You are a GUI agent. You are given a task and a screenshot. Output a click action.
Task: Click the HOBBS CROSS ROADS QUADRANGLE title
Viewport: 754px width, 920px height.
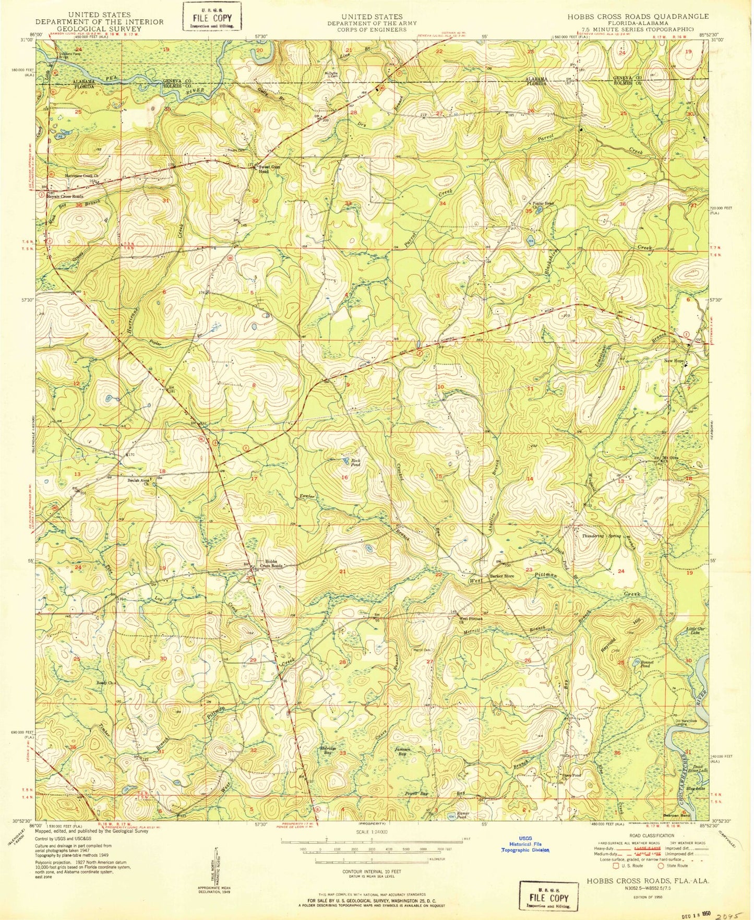coord(638,17)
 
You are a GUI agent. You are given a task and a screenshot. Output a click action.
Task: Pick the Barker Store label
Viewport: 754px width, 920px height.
coord(501,576)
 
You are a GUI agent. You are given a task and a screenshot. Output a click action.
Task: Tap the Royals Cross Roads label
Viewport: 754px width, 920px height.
coord(65,197)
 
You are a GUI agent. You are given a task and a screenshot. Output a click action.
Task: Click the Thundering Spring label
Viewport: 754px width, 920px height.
coord(602,536)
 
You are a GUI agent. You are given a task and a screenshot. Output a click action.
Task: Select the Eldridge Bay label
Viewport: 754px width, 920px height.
coord(327,750)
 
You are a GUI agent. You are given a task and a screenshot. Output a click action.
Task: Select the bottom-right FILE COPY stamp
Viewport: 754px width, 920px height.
coord(548,897)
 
